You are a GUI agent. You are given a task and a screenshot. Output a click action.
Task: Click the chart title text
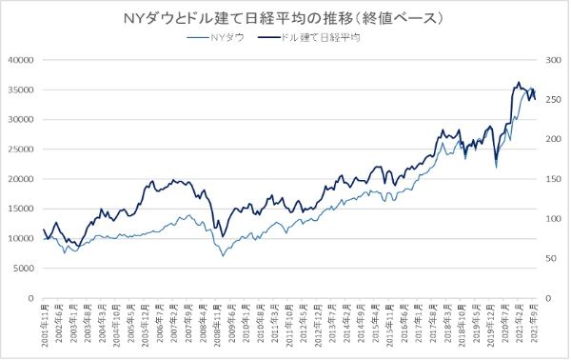coord(285,18)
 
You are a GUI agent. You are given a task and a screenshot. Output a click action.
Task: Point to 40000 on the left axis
coord(21,60)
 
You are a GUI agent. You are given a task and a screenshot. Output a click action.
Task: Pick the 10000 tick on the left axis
coord(21,238)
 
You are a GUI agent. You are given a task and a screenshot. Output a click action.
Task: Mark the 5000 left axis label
coord(24,268)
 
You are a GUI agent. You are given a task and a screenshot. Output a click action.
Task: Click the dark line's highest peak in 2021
coord(519,82)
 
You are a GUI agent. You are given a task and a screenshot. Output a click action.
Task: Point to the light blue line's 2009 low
coord(224,256)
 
